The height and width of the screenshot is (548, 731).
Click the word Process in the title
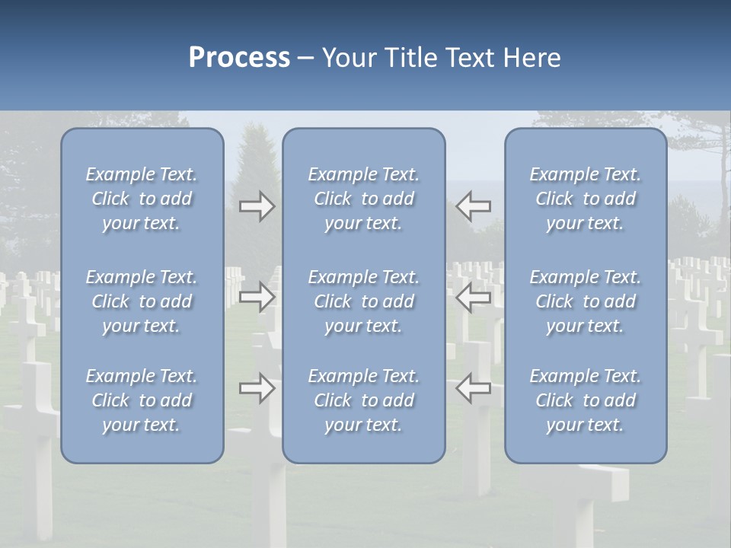(x=239, y=58)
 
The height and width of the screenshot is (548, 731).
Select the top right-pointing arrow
(x=257, y=206)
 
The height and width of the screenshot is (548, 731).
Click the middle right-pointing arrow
(x=257, y=297)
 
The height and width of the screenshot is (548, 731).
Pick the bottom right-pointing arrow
(x=257, y=388)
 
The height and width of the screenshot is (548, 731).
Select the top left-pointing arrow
(x=473, y=206)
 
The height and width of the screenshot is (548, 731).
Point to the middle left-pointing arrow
(x=473, y=297)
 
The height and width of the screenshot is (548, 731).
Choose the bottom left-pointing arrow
(x=473, y=388)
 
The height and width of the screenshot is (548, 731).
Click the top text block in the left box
(x=142, y=199)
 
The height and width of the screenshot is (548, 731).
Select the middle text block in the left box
(x=142, y=301)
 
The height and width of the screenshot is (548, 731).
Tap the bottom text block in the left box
(x=142, y=400)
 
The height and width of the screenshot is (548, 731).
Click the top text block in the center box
(x=364, y=199)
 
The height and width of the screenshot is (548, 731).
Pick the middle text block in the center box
(x=364, y=301)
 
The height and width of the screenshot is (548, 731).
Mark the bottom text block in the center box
(x=364, y=400)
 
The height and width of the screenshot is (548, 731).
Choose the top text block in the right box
(x=586, y=199)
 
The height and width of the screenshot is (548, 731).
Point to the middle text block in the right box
(x=586, y=301)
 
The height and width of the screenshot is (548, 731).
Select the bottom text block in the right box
(x=586, y=400)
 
